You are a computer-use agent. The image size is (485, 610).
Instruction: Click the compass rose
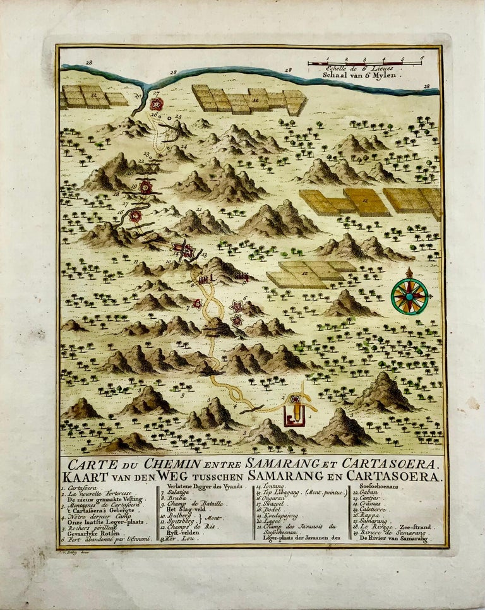[409, 295]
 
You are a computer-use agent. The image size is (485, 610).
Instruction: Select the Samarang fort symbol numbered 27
[156, 104]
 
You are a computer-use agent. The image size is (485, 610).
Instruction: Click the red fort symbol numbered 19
[146, 186]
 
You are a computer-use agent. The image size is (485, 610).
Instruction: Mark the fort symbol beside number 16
[135, 216]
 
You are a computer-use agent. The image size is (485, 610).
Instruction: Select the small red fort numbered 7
[197, 304]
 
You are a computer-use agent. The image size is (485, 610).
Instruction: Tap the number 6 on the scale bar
[421, 58]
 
